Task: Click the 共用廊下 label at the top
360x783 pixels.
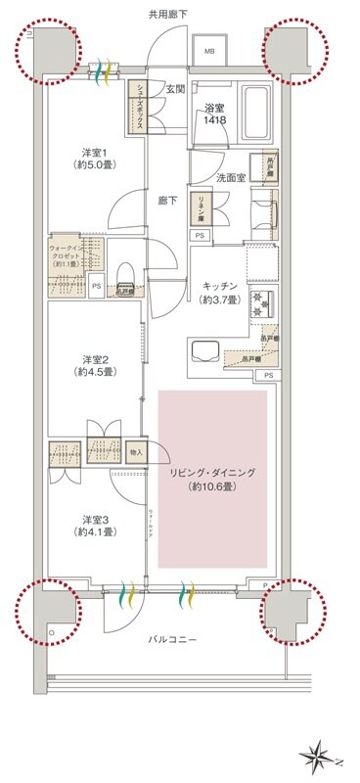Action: click(x=169, y=15)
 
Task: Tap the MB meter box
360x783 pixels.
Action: click(x=210, y=50)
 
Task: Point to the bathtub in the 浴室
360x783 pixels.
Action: click(x=252, y=100)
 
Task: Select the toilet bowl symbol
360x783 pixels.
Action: click(x=124, y=274)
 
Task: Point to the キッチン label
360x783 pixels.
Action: click(x=220, y=286)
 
